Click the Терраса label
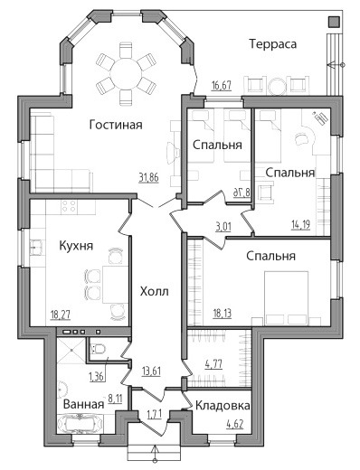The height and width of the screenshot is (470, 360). click(x=273, y=44)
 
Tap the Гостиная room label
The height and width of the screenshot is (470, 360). click(x=116, y=125)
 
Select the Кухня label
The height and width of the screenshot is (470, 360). click(x=76, y=246)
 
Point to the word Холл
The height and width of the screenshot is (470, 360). click(x=154, y=291)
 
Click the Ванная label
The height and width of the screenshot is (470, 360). click(x=83, y=404)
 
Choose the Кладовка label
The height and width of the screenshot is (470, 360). click(x=223, y=406)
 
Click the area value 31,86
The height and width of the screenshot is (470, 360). click(x=148, y=178)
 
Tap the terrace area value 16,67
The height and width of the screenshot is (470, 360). click(x=222, y=86)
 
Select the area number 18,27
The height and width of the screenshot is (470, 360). click(x=61, y=315)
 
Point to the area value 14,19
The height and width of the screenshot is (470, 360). click(x=300, y=224)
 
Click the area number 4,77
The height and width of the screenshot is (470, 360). click(x=213, y=364)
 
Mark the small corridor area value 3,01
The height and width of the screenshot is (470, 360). click(x=223, y=226)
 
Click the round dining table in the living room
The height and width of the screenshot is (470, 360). click(x=126, y=74)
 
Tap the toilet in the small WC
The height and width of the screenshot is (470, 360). click(x=99, y=349)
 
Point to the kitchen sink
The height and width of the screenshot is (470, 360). click(x=35, y=247)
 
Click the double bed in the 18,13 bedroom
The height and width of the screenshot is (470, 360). click(x=286, y=298)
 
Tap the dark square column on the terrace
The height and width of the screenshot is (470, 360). click(x=333, y=23)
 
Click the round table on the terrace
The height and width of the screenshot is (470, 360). click(x=278, y=87)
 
